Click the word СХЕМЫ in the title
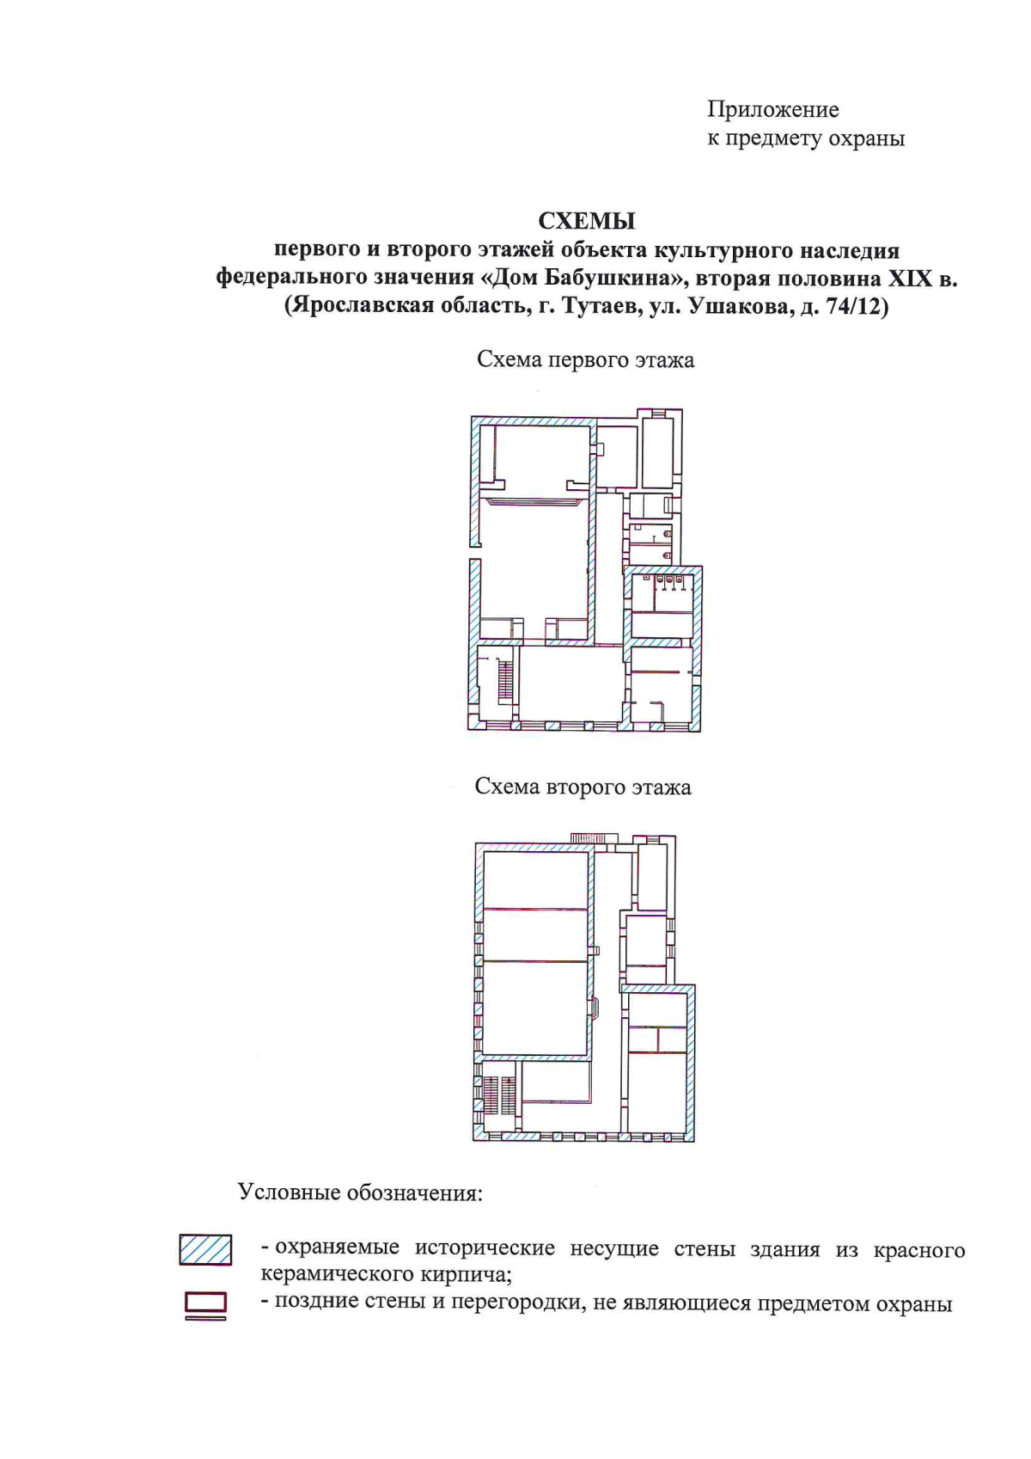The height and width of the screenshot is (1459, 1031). pos(587,221)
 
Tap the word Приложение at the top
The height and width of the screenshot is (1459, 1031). pos(772,110)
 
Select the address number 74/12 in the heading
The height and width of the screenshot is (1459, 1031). pos(852,306)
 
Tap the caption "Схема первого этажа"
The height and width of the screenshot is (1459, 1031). pos(585,359)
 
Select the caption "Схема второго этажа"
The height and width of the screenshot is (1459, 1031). pos(583,787)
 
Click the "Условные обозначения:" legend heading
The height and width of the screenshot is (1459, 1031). pos(360,1193)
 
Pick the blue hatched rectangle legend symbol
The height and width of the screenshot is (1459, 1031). pos(205,1249)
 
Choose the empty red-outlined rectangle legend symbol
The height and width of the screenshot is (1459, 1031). pos(205,1303)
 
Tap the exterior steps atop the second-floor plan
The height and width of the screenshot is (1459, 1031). pos(594,838)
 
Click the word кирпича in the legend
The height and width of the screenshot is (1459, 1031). pos(471,1274)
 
